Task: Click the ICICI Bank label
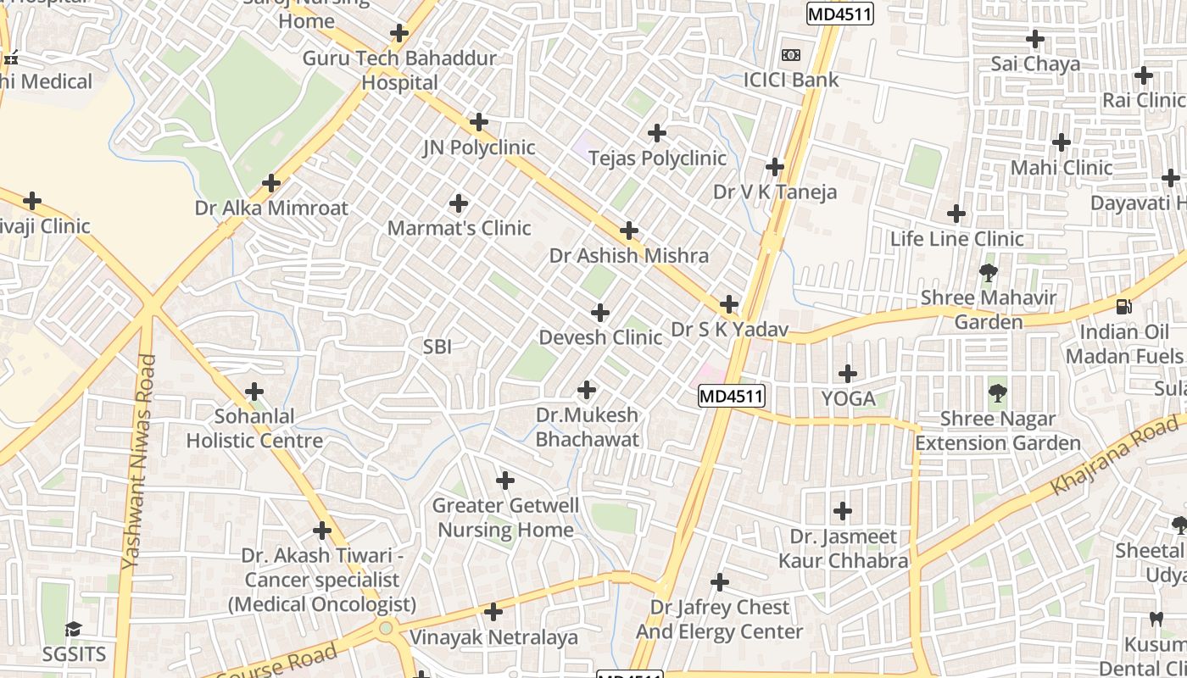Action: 790,81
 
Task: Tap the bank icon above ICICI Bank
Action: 790,55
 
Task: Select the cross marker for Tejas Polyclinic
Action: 656,133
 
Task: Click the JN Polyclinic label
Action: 479,147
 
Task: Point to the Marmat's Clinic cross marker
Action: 459,203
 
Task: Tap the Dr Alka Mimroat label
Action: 271,208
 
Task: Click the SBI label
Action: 437,346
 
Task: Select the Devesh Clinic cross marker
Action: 600,313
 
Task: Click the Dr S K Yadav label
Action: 730,329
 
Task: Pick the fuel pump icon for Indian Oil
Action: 1124,307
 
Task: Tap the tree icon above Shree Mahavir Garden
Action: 988,273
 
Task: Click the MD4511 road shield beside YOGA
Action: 732,396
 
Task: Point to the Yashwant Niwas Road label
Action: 139,462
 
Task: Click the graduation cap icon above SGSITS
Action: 74,629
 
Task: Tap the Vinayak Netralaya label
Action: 493,637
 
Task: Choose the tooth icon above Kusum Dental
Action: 1156,620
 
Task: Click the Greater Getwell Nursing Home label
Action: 505,518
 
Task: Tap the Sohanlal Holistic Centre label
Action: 254,429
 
